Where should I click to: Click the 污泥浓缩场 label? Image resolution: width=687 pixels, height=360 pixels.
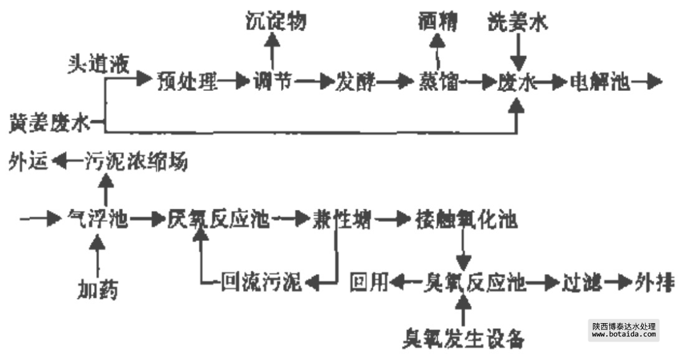[x=137, y=162]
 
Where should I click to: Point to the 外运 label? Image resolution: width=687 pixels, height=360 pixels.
[x=29, y=162]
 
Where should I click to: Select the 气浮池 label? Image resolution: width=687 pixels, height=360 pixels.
[x=98, y=220]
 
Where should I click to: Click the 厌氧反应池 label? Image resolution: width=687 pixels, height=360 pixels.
[x=219, y=220]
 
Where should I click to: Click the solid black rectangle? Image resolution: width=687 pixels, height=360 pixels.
[x=623, y=330]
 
